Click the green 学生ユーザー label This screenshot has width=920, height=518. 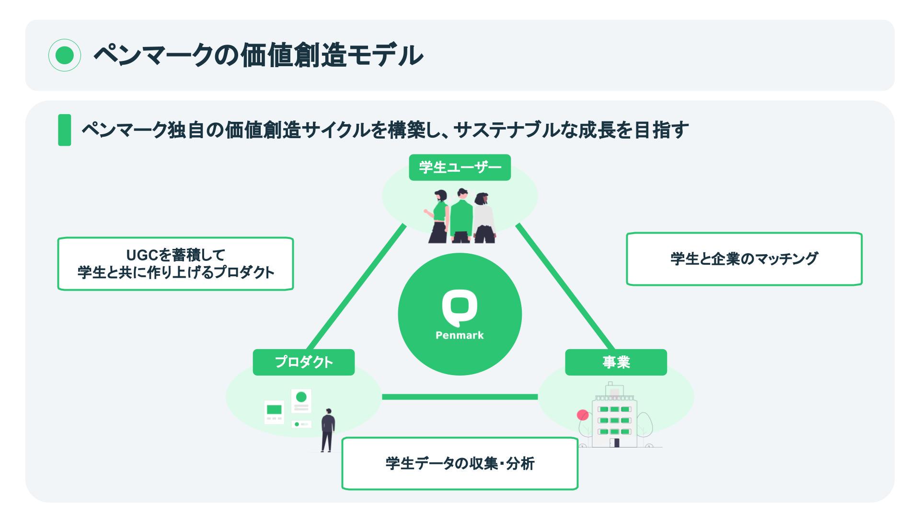point(460,167)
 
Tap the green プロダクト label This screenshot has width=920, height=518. point(304,362)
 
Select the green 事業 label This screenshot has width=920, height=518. point(616,362)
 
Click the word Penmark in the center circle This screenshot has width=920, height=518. point(460,335)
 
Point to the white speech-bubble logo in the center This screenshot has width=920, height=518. point(460,307)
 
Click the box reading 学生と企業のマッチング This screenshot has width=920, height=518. point(744,259)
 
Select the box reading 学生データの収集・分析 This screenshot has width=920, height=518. point(460,463)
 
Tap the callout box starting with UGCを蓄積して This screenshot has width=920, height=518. point(175,264)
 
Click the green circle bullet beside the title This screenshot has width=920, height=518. point(65,55)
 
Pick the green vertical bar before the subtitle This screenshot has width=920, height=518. point(64,130)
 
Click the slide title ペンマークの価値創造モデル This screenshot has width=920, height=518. point(258,55)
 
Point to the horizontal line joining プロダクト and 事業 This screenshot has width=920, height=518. point(460,397)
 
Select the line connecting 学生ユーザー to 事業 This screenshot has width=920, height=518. point(565,288)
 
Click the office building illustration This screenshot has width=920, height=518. point(615,417)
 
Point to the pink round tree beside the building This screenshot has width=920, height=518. point(583,415)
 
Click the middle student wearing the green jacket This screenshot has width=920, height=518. point(461,216)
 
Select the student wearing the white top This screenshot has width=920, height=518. point(484,218)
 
